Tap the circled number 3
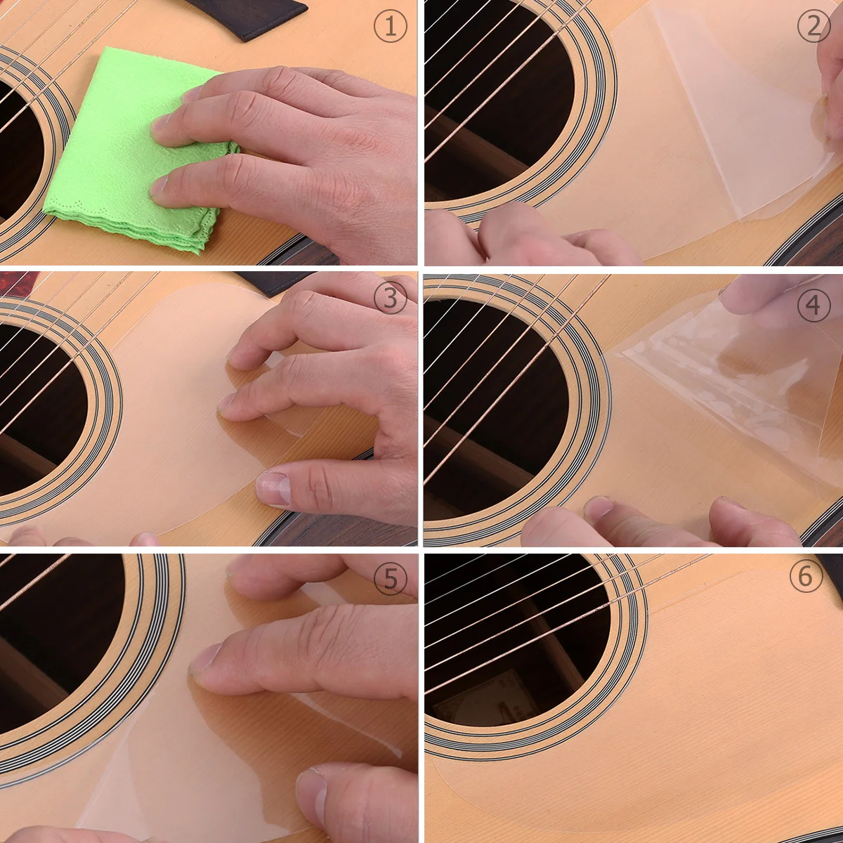pos(390,300)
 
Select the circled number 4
pos(813,306)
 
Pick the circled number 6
pos(805,576)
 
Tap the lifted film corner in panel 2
pos(818,112)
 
